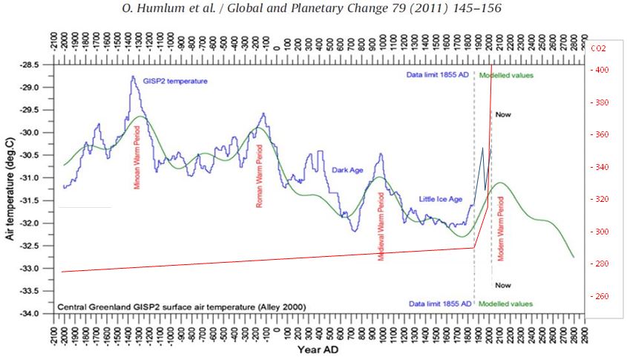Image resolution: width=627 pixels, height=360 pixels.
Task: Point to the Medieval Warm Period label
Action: point(381,225)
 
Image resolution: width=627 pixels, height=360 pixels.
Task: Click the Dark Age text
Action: point(347,170)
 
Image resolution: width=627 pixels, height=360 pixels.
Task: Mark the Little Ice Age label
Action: point(441,199)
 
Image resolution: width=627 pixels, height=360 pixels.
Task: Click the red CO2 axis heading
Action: point(597,48)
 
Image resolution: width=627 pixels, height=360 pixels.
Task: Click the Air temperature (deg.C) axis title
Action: point(10,189)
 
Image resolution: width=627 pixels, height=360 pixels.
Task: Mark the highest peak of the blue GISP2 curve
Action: point(133,76)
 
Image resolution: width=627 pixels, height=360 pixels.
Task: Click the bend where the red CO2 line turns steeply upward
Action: point(474,247)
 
